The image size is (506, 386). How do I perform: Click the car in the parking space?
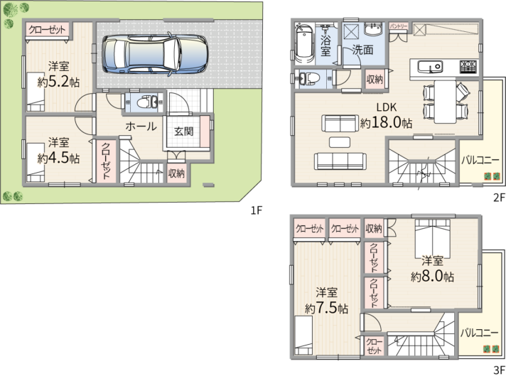coord(155,53)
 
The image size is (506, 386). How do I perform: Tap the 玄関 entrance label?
coord(183,132)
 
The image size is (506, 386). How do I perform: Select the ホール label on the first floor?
coord(141,127)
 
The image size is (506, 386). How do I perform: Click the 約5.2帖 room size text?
coord(58,82)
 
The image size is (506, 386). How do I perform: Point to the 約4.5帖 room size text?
coord(58,158)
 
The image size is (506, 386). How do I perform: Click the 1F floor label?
coord(257,210)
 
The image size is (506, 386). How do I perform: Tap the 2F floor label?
coord(499,198)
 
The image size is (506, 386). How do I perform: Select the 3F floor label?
coord(499,370)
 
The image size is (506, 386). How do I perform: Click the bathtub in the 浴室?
coord(304,43)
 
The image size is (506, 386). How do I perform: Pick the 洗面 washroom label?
coord(363,49)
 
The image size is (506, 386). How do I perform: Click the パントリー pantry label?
coord(398,26)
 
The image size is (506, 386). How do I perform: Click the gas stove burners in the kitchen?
coord(468,67)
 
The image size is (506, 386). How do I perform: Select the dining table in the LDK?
coord(446,102)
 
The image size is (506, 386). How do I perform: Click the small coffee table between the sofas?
coord(340,142)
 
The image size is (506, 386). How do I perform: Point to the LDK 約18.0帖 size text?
coord(386,123)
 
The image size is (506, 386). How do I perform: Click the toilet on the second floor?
coord(309,78)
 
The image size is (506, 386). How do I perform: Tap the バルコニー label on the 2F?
coord(481,160)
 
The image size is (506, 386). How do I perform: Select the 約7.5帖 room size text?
coord(327,309)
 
